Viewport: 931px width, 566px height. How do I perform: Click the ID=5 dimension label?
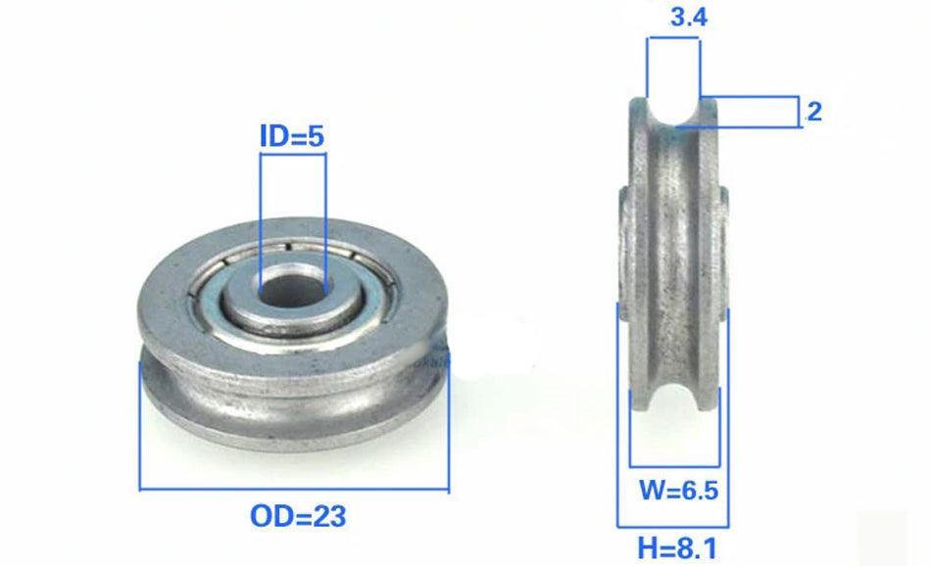[x=291, y=137]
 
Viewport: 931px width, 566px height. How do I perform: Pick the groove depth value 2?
[x=812, y=112]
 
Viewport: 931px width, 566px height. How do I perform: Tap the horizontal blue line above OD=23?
[x=294, y=489]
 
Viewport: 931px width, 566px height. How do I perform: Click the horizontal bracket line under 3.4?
[x=676, y=37]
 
